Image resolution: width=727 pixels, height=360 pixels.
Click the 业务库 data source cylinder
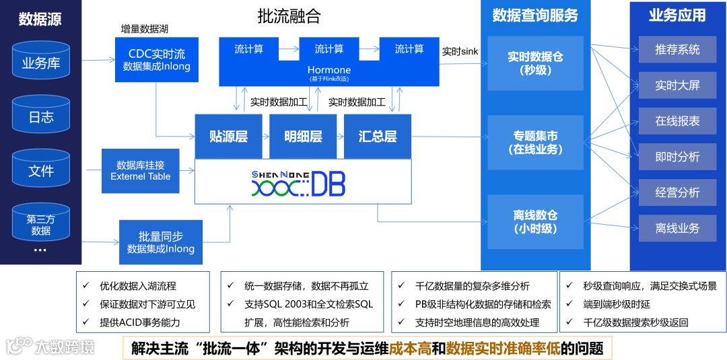pyautogui.click(x=41, y=63)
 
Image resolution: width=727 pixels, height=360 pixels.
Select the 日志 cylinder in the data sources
pyautogui.click(x=41, y=116)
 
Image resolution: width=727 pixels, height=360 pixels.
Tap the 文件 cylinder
pyautogui.click(x=41, y=171)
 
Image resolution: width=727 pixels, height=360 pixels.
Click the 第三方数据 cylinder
pyautogui.click(x=41, y=225)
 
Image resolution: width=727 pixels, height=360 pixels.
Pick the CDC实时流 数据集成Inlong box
pyautogui.click(x=156, y=60)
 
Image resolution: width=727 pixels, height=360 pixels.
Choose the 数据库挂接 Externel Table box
pyautogui.click(x=141, y=170)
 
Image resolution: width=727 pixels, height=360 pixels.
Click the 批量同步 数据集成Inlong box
pyautogui.click(x=161, y=242)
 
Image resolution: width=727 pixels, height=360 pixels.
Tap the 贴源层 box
pyautogui.click(x=228, y=137)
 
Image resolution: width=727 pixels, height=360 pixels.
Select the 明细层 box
pyautogui.click(x=303, y=137)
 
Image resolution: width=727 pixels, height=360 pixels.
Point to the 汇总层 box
pyautogui.click(x=378, y=137)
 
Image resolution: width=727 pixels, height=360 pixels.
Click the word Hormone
pyautogui.click(x=329, y=70)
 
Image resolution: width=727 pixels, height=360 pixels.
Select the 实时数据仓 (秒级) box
pyautogui.click(x=535, y=63)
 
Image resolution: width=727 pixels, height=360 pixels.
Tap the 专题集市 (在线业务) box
pyautogui.click(x=535, y=143)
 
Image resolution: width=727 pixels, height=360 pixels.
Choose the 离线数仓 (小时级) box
pyautogui.click(x=535, y=222)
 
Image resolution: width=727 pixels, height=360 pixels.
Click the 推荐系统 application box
pyautogui.click(x=677, y=50)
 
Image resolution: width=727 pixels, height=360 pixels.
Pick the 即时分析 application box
pyautogui.click(x=677, y=157)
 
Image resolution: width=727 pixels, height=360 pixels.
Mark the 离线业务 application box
pyautogui.click(x=677, y=228)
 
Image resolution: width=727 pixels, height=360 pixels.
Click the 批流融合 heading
pyautogui.click(x=289, y=17)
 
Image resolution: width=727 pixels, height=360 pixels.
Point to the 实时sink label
pyautogui.click(x=460, y=51)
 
